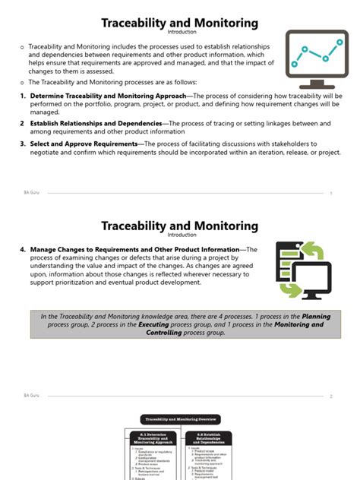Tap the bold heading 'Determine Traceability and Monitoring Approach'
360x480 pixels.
(112, 96)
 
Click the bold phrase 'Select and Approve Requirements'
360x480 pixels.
(84, 143)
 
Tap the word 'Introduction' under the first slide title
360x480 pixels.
(180, 33)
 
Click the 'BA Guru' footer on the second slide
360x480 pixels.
(32, 395)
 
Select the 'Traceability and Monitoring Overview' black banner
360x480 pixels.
(180, 418)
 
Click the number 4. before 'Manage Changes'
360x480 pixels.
(24, 249)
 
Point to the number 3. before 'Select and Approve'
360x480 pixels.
(23, 143)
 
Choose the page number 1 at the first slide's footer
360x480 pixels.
(331, 193)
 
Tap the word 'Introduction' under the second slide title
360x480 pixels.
(180, 235)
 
